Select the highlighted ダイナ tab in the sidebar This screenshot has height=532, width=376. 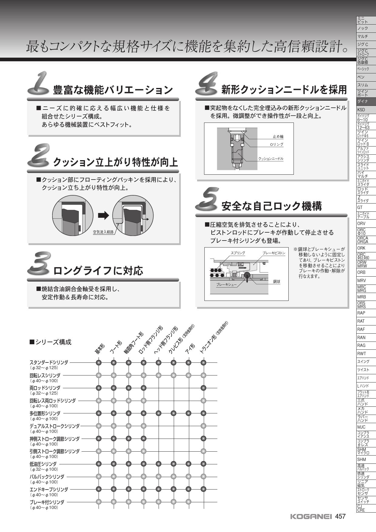[366, 101]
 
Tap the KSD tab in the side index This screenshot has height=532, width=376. [366, 109]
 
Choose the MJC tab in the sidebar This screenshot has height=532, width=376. [366, 427]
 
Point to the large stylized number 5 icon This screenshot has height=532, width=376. [207, 199]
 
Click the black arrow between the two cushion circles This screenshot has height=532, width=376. [103, 216]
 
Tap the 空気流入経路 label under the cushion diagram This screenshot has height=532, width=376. [103, 232]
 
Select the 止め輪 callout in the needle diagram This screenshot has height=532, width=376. [278, 136]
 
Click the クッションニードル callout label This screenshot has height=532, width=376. [271, 159]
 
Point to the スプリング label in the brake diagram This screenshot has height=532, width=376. [238, 253]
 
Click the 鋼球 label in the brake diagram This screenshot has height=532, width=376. [277, 281]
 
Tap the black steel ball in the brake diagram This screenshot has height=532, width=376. [247, 275]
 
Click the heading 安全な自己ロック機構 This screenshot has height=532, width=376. [272, 206]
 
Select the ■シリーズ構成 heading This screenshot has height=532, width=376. [50, 342]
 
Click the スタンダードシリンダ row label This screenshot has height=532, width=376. [49, 362]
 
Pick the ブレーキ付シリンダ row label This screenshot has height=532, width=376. [47, 502]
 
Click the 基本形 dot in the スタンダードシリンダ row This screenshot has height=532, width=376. [99, 362]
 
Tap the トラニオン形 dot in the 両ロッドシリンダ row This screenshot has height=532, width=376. [203, 388]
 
